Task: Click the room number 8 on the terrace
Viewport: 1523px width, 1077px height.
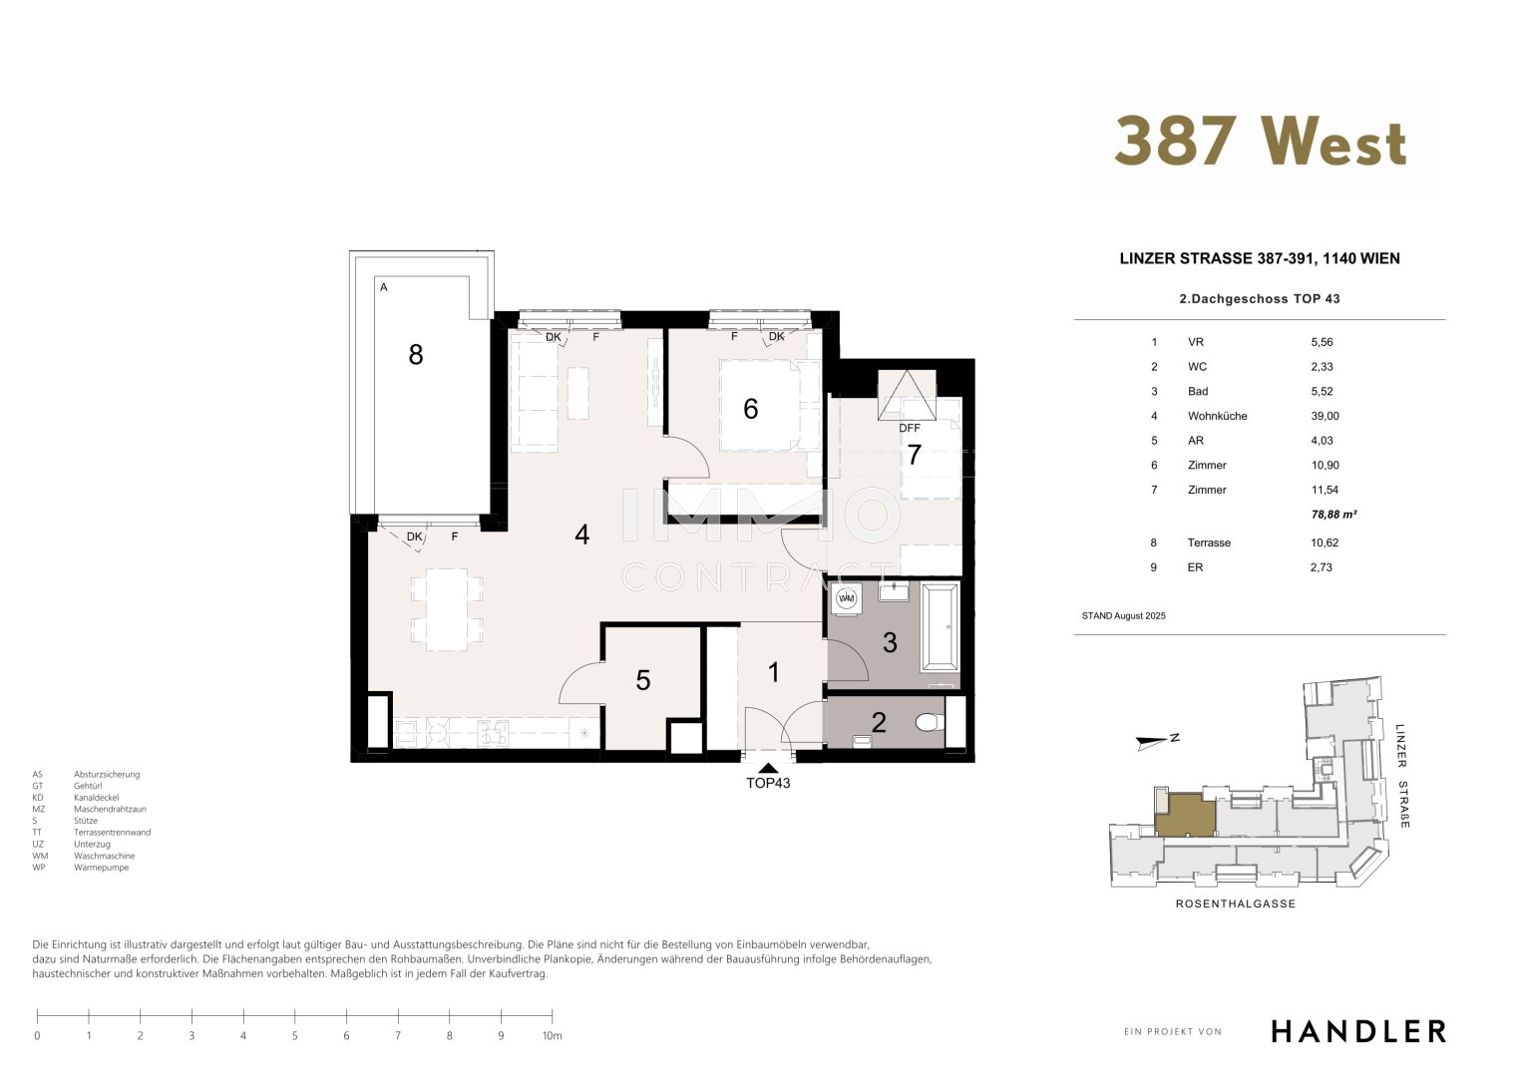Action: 416,354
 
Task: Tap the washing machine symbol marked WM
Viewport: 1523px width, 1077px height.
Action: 846,598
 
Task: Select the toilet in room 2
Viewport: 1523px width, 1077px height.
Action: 930,721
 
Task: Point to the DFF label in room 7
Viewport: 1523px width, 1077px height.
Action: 909,428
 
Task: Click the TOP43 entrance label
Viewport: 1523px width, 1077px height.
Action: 768,783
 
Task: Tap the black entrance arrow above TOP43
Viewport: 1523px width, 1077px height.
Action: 768,768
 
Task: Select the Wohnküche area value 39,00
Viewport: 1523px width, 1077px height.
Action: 1326,416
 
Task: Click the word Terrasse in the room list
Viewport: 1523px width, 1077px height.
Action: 1209,542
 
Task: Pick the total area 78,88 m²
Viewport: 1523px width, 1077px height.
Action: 1333,514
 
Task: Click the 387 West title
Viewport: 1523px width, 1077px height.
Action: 1260,141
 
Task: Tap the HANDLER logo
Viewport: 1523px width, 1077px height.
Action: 1358,1031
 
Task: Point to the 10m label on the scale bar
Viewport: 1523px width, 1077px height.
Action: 553,1035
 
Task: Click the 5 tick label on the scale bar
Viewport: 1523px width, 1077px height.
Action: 295,1035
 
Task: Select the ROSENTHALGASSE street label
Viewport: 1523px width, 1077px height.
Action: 1236,903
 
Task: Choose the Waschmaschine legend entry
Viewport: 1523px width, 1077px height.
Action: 104,856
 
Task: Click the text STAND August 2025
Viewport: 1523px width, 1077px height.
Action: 1123,616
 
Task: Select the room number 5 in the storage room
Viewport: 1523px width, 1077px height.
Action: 642,680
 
